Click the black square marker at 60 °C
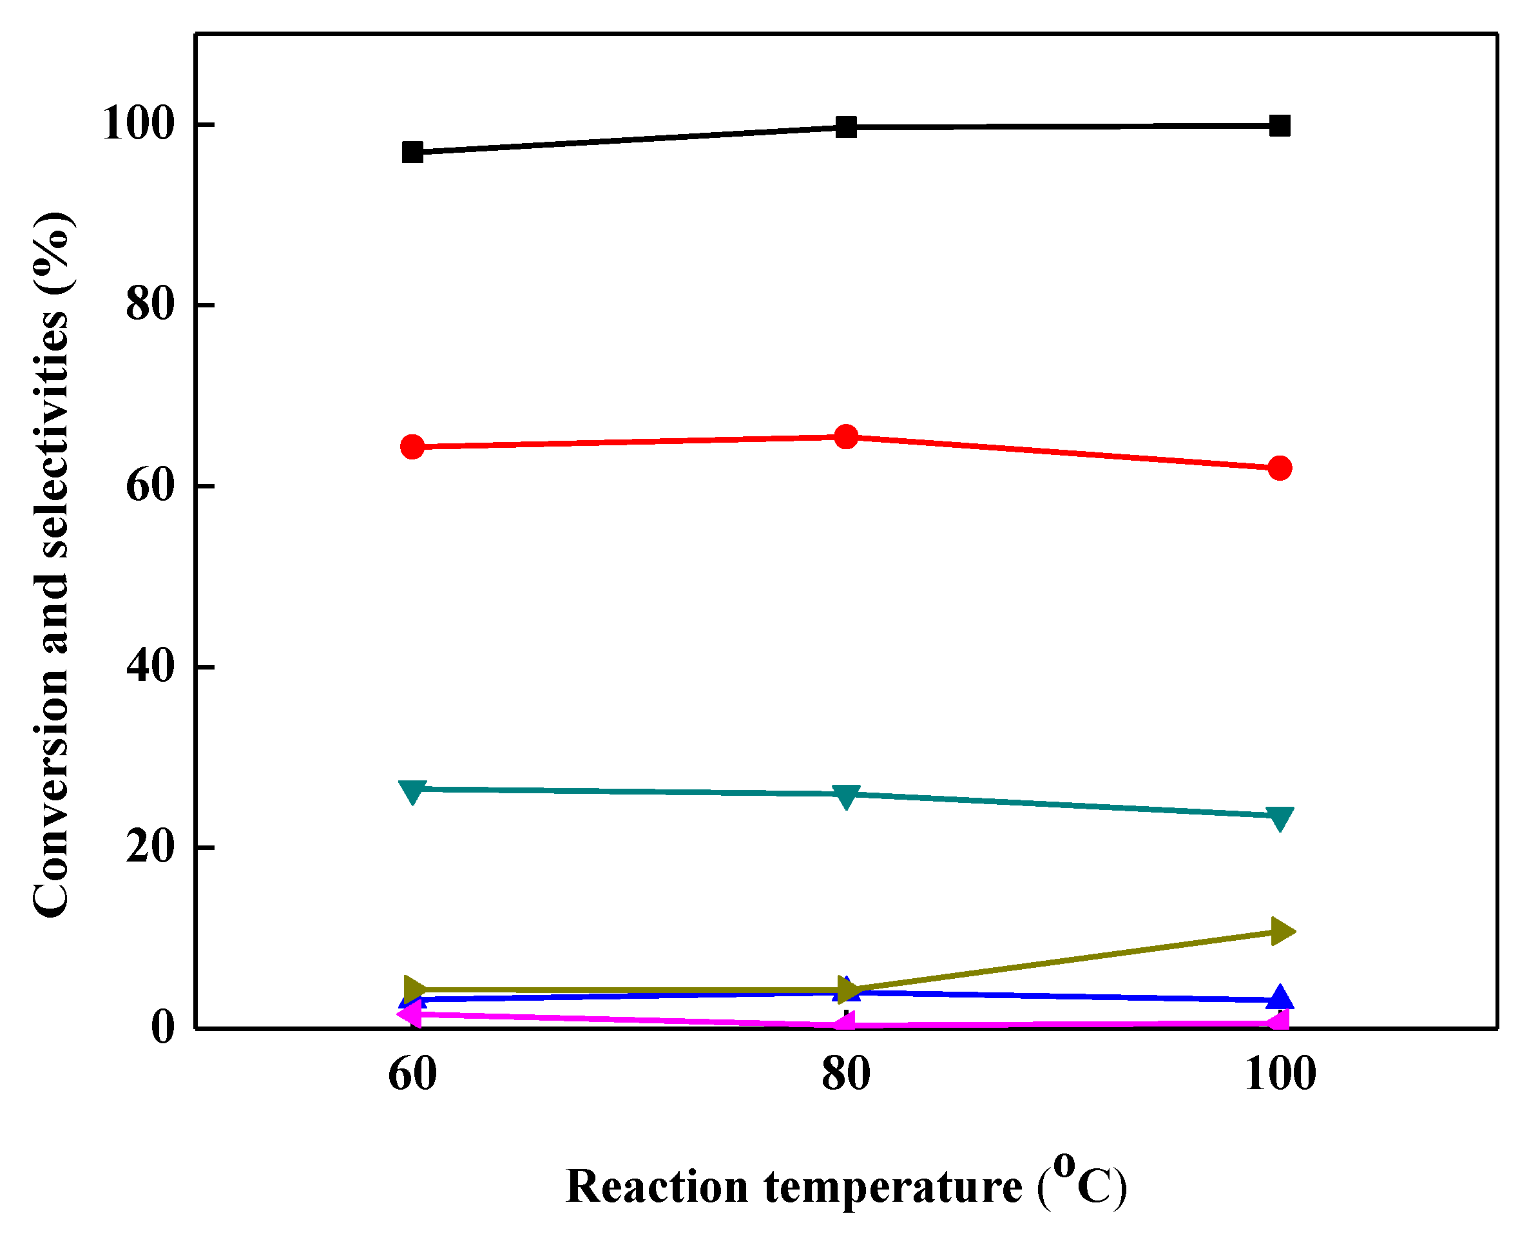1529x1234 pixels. click(412, 152)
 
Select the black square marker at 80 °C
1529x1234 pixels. click(846, 127)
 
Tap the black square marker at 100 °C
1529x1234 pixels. click(1280, 126)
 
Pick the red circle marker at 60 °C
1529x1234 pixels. click(412, 447)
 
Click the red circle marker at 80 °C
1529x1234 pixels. click(846, 436)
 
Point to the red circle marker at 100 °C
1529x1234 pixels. click(1280, 468)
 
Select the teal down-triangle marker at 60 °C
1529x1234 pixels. click(412, 791)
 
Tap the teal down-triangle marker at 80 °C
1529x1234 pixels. click(846, 796)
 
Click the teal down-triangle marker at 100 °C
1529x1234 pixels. click(1280, 818)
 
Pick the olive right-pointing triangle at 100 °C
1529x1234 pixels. click(1282, 931)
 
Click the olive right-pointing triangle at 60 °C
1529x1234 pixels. click(414, 988)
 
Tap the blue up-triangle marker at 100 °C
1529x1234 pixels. click(1280, 998)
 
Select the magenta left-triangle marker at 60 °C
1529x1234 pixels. click(410, 1014)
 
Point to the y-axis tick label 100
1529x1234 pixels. click(139, 124)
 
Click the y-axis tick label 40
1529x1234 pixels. click(150, 667)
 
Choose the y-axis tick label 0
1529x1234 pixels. click(163, 1028)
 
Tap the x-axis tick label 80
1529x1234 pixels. click(846, 1075)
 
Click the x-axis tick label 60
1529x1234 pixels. click(412, 1075)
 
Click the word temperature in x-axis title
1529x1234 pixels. click(893, 1187)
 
